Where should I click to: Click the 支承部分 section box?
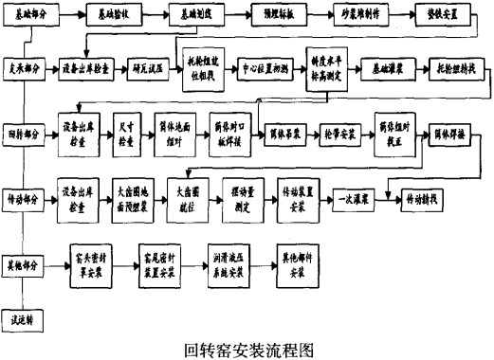click(x=25, y=70)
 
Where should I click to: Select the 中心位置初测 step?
click(x=265, y=70)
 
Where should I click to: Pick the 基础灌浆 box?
click(x=385, y=70)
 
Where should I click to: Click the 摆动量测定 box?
click(x=241, y=194)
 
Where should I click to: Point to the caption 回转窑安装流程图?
click(x=248, y=348)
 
